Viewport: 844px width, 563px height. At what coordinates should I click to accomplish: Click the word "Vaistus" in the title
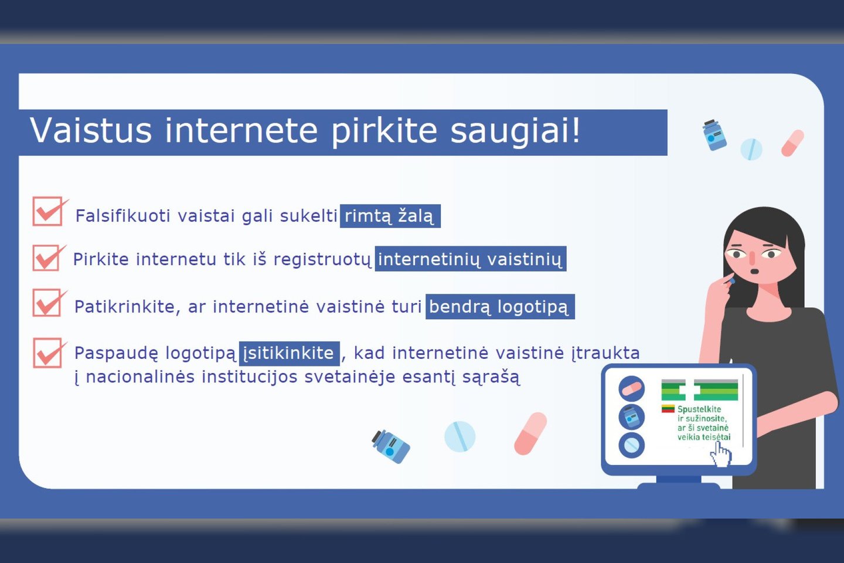90,130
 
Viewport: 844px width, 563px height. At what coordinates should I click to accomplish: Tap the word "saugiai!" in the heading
515,132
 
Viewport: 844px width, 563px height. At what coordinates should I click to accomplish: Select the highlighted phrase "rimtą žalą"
390,216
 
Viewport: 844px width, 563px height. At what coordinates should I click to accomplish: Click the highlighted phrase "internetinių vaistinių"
470,259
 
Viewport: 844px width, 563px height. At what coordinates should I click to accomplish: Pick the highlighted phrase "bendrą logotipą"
500,307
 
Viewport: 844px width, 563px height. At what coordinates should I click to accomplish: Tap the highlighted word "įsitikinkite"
290,353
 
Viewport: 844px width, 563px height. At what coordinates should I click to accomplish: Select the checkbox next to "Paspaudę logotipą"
49,353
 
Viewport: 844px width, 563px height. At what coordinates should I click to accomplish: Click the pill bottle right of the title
714,135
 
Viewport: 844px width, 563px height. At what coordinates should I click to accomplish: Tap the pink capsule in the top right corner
792,143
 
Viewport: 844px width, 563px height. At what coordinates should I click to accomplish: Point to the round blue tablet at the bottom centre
460,436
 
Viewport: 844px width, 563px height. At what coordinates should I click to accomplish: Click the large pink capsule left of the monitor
530,433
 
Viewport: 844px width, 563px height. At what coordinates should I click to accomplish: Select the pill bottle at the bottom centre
391,446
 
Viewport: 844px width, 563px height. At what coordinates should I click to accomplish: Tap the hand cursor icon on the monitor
720,455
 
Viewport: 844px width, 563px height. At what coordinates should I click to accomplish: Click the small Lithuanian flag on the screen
668,408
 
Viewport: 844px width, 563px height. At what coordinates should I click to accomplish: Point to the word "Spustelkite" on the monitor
699,409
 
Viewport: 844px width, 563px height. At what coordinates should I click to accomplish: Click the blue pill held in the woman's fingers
731,281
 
